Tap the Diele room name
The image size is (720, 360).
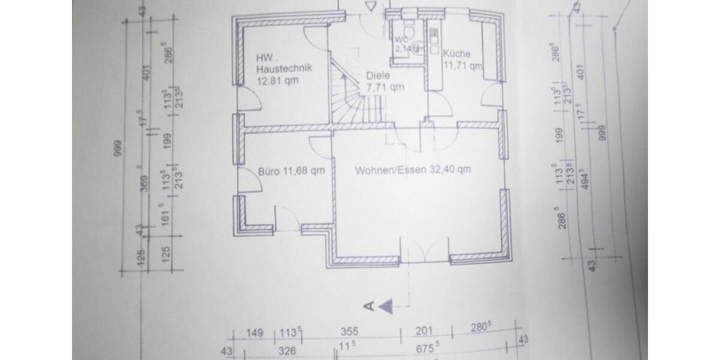point(377,76)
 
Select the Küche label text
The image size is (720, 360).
point(457,54)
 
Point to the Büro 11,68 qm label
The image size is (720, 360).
point(291,170)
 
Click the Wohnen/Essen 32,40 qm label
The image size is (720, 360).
point(412,170)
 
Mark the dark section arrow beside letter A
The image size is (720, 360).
point(386,306)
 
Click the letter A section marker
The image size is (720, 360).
point(370,306)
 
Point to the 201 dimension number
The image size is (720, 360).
point(424,332)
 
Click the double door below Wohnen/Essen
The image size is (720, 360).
point(424,249)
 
